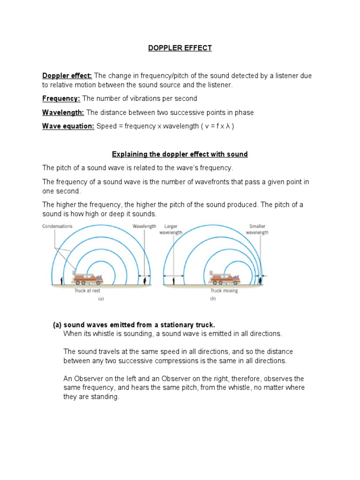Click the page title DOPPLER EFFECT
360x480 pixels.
[180, 48]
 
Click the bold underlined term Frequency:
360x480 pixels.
[61, 98]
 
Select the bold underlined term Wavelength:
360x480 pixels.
[63, 112]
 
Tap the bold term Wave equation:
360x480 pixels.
[68, 126]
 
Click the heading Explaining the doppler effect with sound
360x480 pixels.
[180, 154]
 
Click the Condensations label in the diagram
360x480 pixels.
[57, 226]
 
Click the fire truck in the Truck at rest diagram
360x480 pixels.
[87, 278]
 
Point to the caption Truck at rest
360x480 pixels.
[87, 291]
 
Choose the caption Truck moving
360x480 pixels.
[224, 291]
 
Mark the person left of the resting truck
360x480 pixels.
[62, 280]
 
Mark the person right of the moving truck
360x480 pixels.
[261, 280]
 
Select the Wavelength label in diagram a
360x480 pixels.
[144, 226]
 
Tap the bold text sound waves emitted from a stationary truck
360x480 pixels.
[139, 325]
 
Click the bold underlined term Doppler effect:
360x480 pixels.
[67, 76]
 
